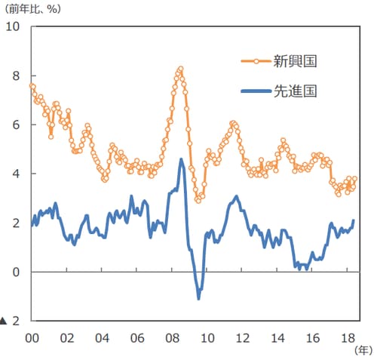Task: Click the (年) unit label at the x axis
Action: [x=363, y=350]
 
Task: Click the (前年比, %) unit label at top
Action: [x=34, y=8]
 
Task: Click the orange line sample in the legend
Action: [x=256, y=61]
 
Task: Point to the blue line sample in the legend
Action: [x=256, y=91]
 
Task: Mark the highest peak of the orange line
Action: [x=181, y=68]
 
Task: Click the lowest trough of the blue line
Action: [x=198, y=298]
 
